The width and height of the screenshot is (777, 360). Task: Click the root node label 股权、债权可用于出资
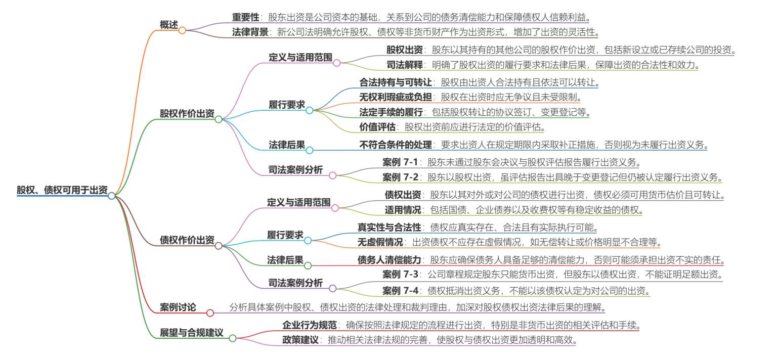click(62, 190)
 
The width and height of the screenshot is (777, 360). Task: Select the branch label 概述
click(169, 25)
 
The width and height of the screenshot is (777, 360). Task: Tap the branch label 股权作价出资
click(187, 113)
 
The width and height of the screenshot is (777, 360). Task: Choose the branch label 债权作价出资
click(187, 240)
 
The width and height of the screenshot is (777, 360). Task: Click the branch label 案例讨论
click(178, 307)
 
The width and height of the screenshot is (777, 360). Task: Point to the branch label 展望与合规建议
click(192, 333)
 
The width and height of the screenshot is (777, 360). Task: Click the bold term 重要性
click(245, 17)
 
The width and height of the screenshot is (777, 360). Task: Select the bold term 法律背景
click(250, 32)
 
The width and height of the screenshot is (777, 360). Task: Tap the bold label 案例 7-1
click(400, 162)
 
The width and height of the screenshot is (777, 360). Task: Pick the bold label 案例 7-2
click(400, 177)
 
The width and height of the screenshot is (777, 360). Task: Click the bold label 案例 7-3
click(400, 275)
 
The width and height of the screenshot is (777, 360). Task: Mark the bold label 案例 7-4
click(400, 291)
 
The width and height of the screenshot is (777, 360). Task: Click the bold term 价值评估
click(377, 127)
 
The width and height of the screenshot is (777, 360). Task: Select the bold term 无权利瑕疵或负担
click(396, 97)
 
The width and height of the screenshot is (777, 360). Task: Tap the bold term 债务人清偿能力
click(389, 260)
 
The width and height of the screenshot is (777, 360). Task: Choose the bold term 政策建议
click(300, 340)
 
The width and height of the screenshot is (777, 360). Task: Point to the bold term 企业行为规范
click(310, 325)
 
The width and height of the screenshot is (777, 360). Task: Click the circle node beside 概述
click(183, 30)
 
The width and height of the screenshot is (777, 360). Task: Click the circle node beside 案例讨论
click(210, 313)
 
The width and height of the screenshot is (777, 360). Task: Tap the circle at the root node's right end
click(112, 196)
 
